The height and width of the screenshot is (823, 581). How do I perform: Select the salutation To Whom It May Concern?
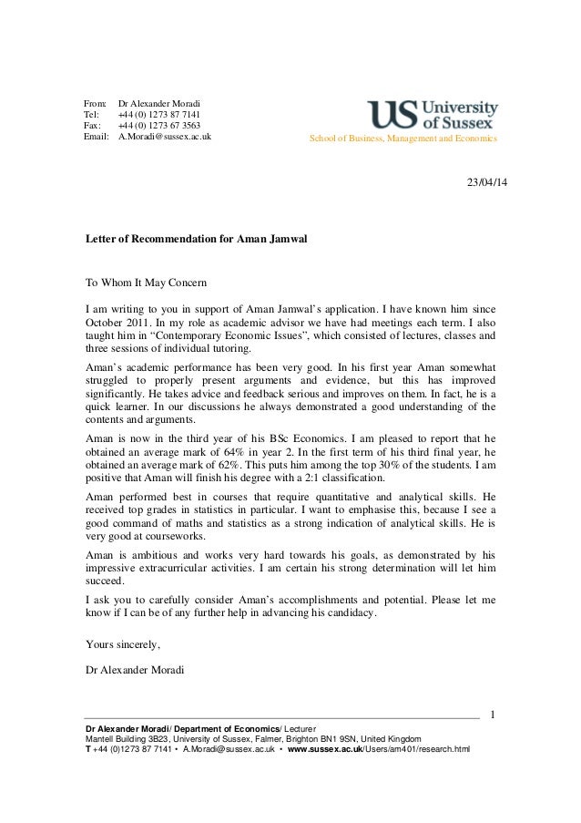pyautogui.click(x=146, y=283)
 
